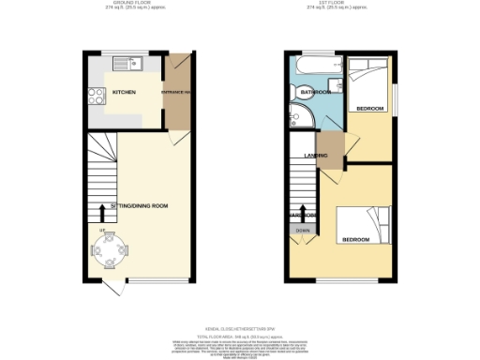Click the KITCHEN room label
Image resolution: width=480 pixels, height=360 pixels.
click(x=125, y=93)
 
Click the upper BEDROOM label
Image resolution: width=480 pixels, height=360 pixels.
click(x=370, y=109)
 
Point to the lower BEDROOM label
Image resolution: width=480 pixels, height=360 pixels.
click(x=354, y=240)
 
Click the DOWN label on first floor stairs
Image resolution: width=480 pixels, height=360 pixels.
click(x=302, y=230)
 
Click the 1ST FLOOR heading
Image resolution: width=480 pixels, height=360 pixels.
click(x=334, y=4)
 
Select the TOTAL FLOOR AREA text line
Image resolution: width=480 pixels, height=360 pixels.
click(x=240, y=335)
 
